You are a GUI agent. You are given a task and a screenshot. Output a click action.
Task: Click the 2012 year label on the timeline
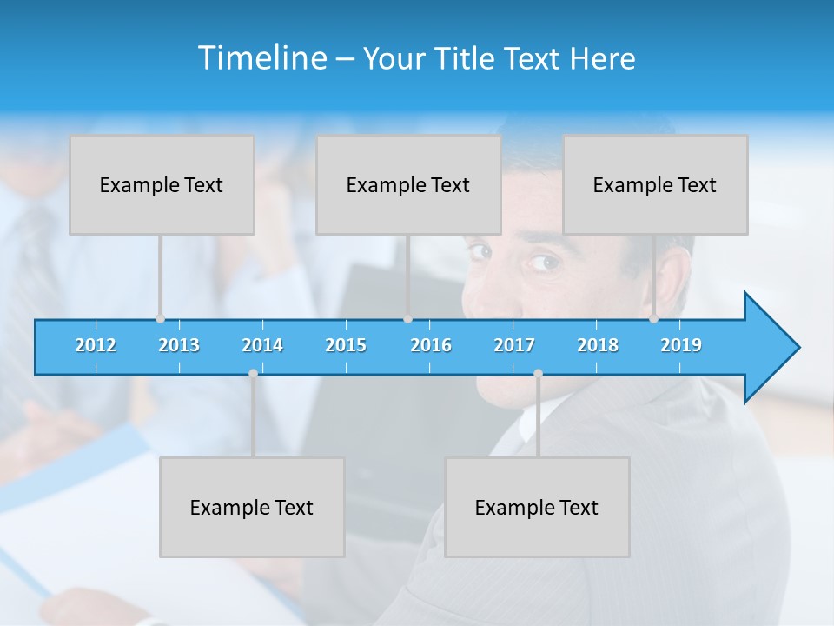[96, 345]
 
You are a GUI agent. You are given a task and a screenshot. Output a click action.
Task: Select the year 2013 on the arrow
[179, 345]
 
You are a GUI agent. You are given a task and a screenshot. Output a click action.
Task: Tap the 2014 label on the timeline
[262, 345]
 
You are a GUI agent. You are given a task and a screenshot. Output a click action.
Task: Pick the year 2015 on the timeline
[346, 345]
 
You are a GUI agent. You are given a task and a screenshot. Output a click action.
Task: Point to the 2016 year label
[431, 345]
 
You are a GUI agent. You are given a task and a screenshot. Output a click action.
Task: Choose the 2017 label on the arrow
[514, 345]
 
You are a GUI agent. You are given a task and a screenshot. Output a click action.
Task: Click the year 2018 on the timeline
[598, 345]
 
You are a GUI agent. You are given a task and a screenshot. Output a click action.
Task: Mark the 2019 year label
[681, 345]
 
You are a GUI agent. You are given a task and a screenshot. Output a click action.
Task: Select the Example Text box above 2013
[162, 185]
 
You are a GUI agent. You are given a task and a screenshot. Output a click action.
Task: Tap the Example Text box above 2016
[408, 185]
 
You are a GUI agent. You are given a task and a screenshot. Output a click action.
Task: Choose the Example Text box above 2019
[655, 185]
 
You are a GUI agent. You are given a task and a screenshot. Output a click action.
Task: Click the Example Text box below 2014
[252, 508]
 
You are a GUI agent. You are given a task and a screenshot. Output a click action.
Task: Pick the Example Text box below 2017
[537, 508]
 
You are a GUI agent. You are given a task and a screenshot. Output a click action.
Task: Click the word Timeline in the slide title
[261, 58]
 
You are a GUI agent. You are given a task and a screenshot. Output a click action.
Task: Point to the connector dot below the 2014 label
[253, 374]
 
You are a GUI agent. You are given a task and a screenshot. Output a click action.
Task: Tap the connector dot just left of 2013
[160, 319]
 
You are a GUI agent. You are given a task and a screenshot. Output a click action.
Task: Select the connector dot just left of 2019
[653, 319]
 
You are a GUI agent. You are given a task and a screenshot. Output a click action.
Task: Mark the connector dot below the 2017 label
[538, 374]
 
